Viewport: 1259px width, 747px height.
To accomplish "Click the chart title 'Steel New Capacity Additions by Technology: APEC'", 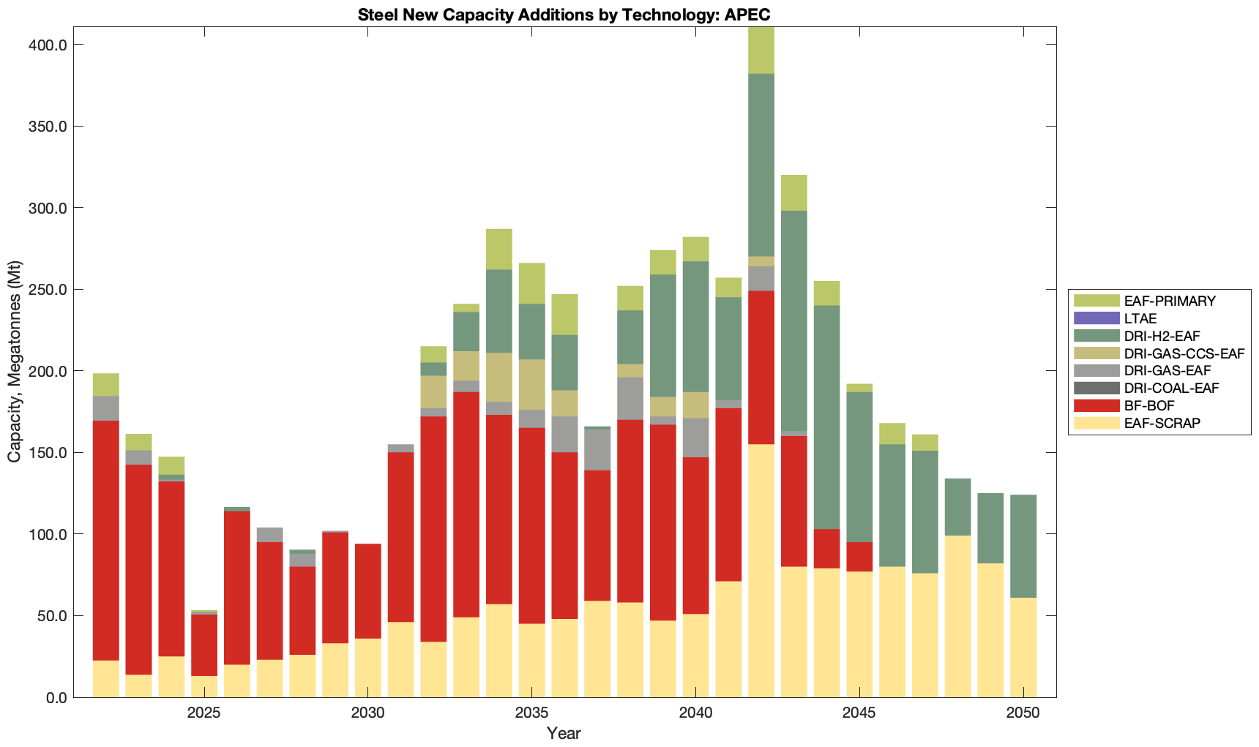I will (564, 15).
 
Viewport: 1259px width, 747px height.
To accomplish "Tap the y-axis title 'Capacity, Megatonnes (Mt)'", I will (14, 361).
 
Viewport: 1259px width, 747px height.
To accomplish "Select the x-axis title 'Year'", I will (564, 733).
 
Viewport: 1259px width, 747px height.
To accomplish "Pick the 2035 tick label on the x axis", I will (531, 713).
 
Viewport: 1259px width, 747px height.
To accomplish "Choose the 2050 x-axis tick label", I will (1023, 713).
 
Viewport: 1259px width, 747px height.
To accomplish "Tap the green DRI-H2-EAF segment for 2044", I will (827, 417).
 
